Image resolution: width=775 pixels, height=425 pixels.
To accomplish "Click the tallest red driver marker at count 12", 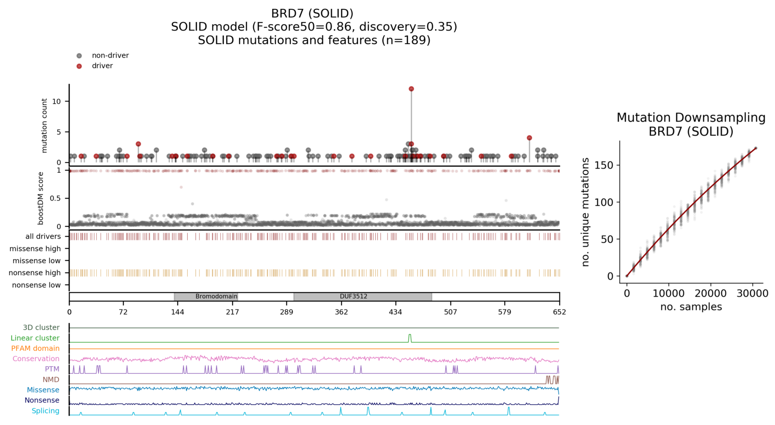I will point(411,89).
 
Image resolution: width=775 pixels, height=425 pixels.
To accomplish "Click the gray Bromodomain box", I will point(206,296).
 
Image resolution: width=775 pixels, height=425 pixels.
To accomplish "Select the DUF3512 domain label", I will point(353,296).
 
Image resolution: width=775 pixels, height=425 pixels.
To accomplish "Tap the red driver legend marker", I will point(79,66).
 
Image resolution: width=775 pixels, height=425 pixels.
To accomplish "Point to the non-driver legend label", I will point(110,55).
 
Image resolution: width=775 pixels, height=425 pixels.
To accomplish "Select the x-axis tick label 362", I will point(342,312).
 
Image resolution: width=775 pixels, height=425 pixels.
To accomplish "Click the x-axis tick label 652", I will point(559,312).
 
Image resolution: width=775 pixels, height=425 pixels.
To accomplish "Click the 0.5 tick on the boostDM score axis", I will point(56,198).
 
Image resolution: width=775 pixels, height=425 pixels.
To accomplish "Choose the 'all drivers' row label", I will point(43,237).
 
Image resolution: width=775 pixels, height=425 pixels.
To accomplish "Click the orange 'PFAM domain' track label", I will point(35,348).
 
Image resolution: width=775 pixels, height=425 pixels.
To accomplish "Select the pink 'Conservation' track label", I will point(36,359).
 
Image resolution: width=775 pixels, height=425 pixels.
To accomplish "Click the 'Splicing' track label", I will point(46,411).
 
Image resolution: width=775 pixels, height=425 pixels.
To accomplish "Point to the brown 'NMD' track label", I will point(51,379).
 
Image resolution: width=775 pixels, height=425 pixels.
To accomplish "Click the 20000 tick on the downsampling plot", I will point(710,294).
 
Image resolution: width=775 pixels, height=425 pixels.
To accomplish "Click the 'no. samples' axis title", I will point(691,307).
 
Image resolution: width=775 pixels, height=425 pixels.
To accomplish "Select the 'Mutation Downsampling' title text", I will point(691,117).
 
